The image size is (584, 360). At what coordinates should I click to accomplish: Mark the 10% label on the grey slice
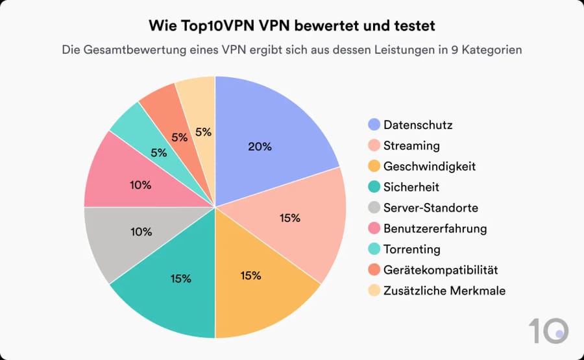pos(141,232)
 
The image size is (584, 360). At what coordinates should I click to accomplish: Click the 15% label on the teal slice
pos(180,278)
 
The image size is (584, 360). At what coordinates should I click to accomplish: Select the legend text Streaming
pos(411,145)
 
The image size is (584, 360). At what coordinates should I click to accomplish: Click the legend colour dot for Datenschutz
pos(373,125)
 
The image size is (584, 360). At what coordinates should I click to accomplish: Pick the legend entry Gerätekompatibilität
pos(441,270)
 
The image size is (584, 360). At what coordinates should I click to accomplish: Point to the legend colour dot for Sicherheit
pos(373,187)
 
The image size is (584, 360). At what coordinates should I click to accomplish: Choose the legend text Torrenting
pos(411,249)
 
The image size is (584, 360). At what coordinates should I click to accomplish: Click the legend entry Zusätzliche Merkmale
pos(444,291)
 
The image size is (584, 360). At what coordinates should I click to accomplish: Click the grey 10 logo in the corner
pos(548,330)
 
